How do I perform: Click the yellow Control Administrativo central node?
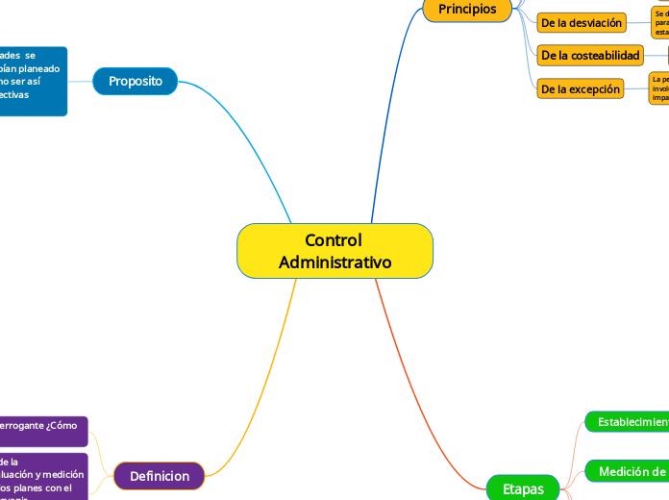(334, 251)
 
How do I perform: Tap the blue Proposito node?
(136, 82)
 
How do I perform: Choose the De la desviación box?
(582, 23)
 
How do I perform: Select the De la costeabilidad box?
(590, 56)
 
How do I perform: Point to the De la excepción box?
(581, 89)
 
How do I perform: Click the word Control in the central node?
(333, 240)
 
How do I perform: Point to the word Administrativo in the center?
(334, 262)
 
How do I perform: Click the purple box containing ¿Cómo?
(43, 431)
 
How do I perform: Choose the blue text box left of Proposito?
(33, 81)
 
